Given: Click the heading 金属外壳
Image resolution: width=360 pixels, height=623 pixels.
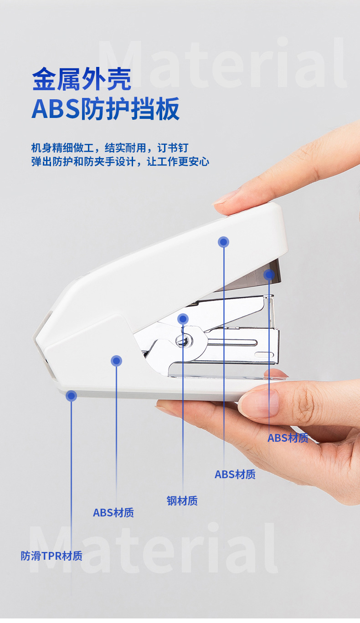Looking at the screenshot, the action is click(82, 79).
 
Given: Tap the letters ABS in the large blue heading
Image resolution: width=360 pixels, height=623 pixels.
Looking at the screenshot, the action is click(56, 109).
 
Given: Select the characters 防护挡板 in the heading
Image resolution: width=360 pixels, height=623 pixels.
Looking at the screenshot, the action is click(130, 109).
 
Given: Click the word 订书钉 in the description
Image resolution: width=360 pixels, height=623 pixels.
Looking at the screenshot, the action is click(173, 148).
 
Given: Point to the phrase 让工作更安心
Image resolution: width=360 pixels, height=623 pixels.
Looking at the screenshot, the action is click(178, 161).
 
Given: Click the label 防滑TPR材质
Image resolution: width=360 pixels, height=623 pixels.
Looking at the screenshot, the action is click(52, 556).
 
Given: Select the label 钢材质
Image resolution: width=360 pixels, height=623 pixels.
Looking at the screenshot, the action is click(182, 501).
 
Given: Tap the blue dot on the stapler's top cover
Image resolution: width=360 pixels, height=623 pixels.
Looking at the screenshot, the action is click(223, 242).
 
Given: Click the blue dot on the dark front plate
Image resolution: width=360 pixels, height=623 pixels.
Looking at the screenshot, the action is click(269, 275).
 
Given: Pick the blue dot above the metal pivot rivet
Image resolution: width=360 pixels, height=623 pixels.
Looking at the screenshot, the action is click(183, 319).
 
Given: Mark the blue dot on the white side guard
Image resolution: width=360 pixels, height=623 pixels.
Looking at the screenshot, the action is click(116, 361).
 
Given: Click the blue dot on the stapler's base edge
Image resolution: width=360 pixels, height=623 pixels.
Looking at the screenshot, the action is click(71, 396).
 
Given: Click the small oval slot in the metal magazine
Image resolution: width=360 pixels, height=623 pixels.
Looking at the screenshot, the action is click(264, 355).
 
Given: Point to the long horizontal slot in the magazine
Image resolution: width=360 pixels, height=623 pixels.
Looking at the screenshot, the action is click(232, 342).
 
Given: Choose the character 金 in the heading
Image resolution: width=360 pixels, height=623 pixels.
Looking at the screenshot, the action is click(44, 79).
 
